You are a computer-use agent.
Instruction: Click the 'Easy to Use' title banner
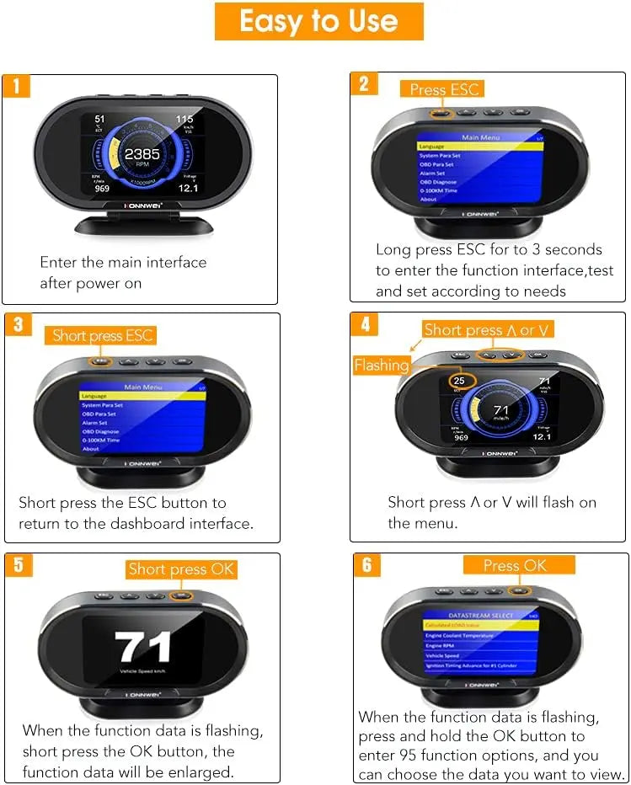click(318, 21)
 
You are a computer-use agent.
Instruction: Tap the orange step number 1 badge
click(16, 86)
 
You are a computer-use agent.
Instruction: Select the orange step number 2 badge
click(364, 83)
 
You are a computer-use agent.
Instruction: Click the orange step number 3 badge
click(19, 325)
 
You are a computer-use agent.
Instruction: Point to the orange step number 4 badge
click(365, 324)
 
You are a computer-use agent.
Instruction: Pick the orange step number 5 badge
click(19, 564)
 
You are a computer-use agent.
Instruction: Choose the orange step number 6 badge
click(366, 564)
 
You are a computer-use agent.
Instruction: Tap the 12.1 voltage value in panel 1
click(188, 187)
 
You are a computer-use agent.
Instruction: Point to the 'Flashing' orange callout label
click(381, 366)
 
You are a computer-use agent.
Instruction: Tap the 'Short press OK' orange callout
click(181, 569)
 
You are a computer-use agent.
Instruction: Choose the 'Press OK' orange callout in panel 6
click(515, 565)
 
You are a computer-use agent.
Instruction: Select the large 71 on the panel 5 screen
click(143, 648)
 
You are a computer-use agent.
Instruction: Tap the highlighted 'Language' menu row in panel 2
click(480, 147)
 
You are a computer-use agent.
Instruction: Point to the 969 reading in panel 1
click(103, 188)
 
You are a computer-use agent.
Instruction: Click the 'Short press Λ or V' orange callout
click(489, 330)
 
